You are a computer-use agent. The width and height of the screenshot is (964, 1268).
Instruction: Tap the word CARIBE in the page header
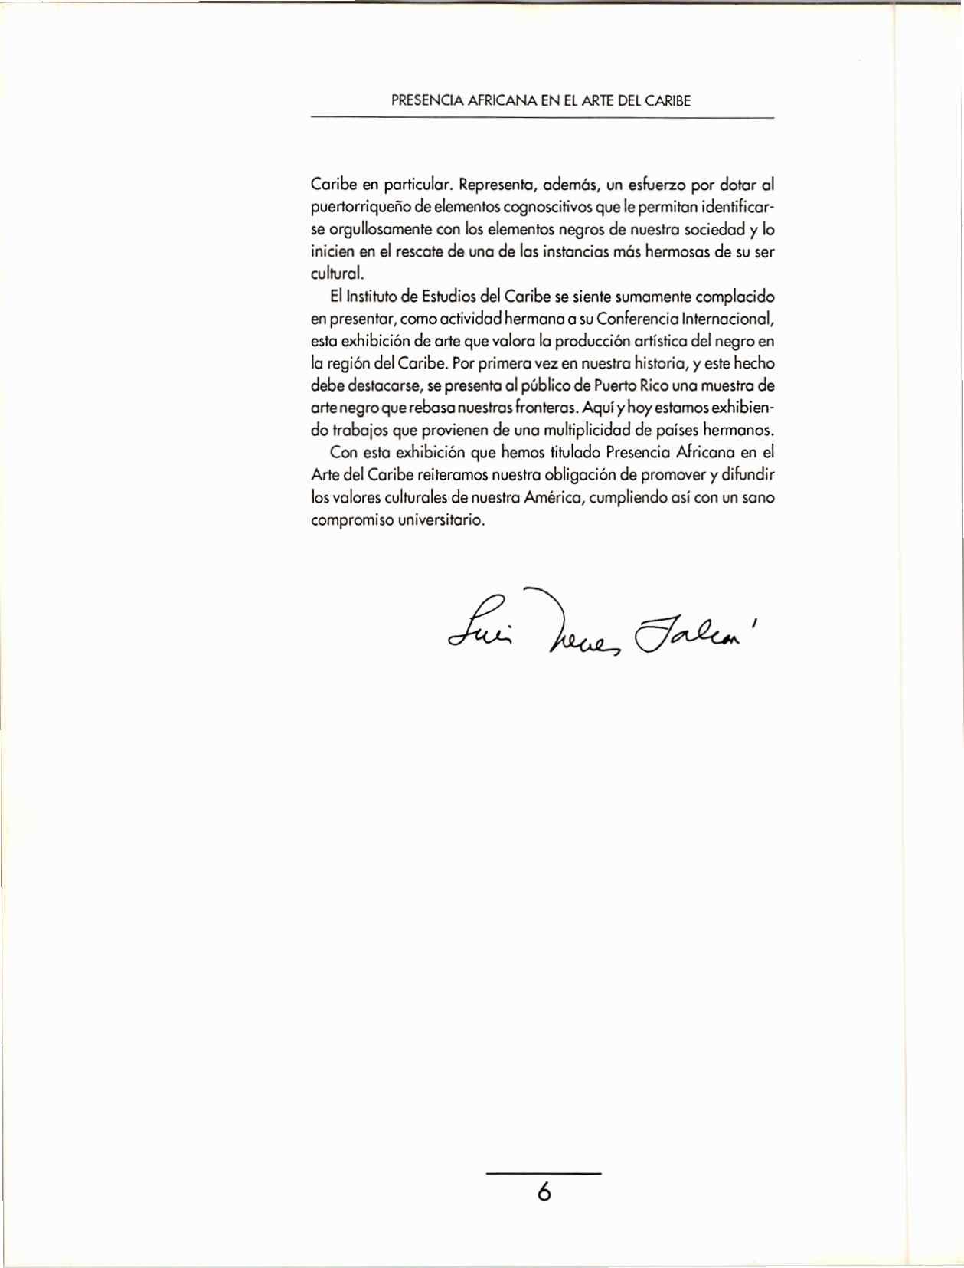tap(667, 100)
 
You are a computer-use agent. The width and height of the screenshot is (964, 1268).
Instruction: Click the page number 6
tap(544, 1192)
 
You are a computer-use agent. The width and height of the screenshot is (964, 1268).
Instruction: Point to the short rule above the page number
tap(544, 1173)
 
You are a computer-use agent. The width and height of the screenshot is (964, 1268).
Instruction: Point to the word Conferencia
tap(642, 319)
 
